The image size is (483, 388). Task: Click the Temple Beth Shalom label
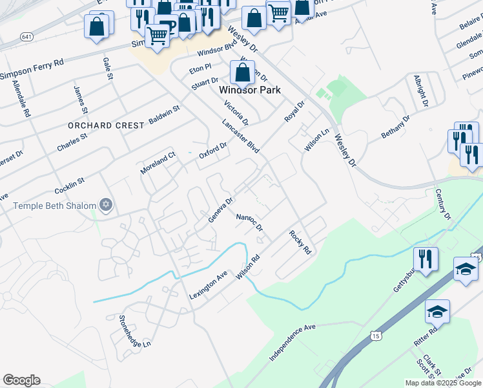(x=54, y=206)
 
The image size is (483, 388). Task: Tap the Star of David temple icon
(x=106, y=206)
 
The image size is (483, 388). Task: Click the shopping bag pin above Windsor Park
(x=242, y=72)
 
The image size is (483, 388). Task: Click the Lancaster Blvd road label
(x=240, y=136)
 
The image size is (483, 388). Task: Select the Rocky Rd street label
(x=301, y=242)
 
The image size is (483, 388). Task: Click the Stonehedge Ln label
(x=134, y=331)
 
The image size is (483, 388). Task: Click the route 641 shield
(x=27, y=36)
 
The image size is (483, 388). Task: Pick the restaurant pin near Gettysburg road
(x=426, y=259)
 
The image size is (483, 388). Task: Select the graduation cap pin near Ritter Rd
(x=437, y=312)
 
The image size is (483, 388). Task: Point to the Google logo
(x=21, y=380)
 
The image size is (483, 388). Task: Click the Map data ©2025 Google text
(x=443, y=383)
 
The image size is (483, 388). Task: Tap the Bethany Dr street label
(x=396, y=127)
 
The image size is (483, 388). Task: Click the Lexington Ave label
(x=209, y=285)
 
